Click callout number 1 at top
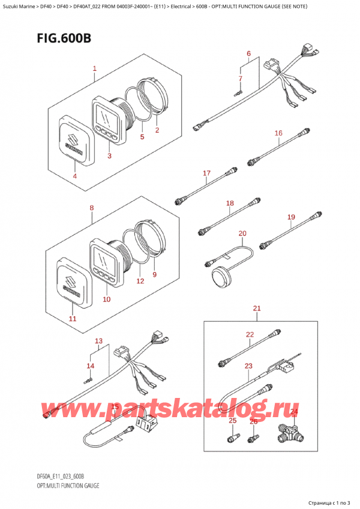click(94, 69)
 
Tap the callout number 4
click(75, 176)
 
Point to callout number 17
click(206, 174)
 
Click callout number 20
click(242, 233)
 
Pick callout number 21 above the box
click(257, 309)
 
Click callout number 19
click(291, 217)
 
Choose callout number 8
click(91, 208)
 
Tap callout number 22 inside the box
click(250, 334)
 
